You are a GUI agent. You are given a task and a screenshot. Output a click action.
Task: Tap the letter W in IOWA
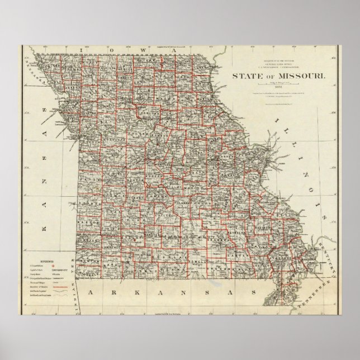click(x=145, y=50)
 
